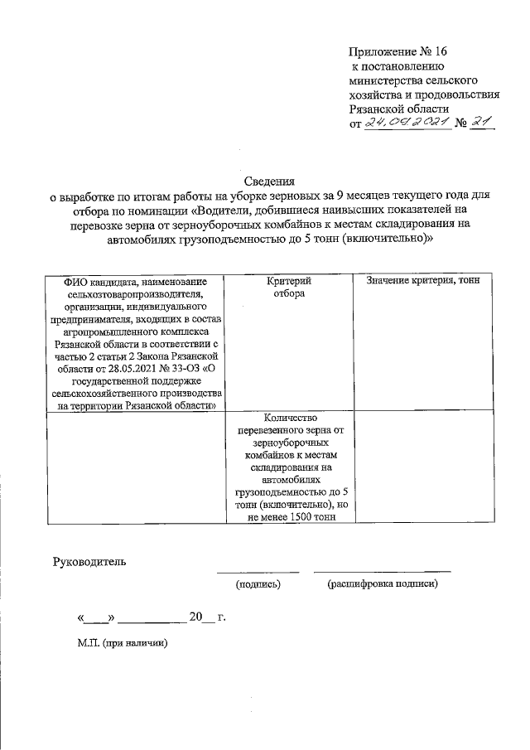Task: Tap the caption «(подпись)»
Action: click(x=258, y=584)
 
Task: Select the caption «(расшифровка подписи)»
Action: click(x=382, y=584)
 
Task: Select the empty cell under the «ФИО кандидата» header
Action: click(x=137, y=468)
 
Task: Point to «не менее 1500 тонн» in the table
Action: click(x=295, y=517)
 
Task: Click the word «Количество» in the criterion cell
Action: click(x=295, y=419)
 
